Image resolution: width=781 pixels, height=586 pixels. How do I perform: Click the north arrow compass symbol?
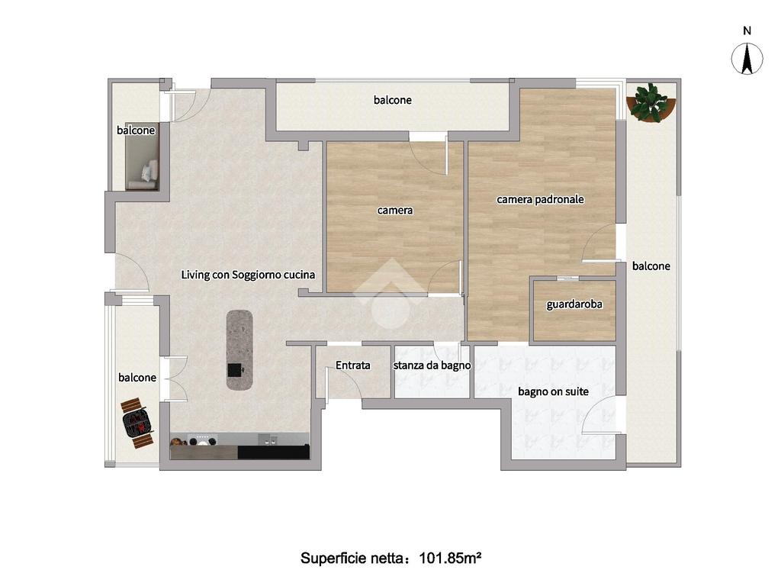click(747, 58)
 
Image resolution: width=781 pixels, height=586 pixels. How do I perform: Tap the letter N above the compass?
click(747, 31)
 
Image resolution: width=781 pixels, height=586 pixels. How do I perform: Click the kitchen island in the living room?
click(239, 349)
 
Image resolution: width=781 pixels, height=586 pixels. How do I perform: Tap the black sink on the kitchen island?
click(235, 370)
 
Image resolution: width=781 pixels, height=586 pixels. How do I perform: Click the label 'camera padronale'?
click(540, 199)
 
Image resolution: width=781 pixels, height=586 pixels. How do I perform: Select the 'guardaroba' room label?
click(574, 304)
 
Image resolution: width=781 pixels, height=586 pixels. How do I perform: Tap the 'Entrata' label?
click(352, 365)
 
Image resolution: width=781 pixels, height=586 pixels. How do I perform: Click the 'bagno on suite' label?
click(553, 391)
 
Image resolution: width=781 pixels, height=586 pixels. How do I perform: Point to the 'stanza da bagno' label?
click(432, 365)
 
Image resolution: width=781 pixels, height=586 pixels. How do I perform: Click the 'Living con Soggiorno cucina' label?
click(248, 275)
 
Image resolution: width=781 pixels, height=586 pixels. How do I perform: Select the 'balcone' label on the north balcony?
click(393, 100)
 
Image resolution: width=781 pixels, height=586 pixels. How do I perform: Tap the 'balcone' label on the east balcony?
click(651, 266)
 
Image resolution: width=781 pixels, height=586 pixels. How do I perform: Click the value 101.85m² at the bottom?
click(450, 558)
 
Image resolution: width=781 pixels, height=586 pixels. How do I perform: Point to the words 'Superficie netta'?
click(352, 558)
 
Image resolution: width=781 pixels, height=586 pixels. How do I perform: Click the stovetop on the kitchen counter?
click(202, 440)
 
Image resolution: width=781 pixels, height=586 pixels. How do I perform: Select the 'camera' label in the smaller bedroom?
click(395, 211)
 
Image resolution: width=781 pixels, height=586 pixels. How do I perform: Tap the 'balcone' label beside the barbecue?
click(137, 378)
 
